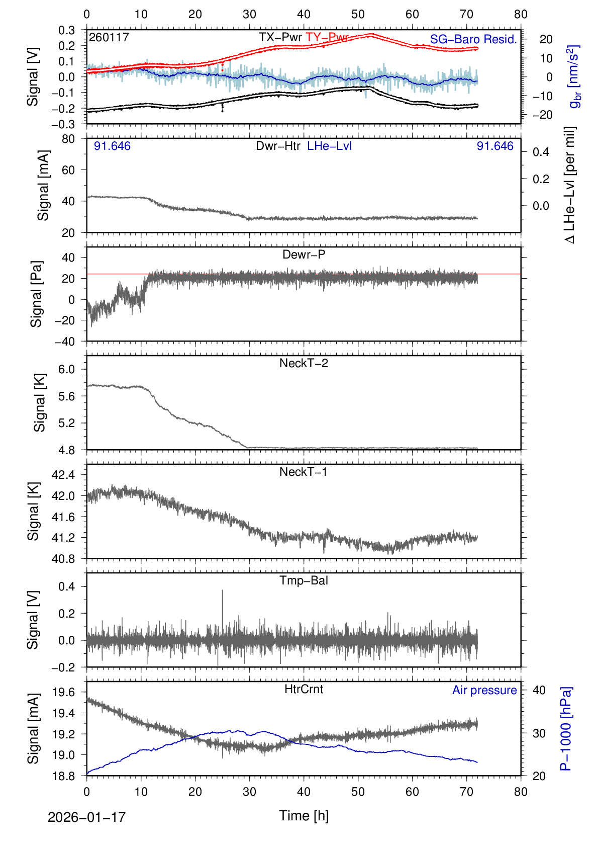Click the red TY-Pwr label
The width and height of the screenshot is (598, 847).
pyautogui.click(x=327, y=37)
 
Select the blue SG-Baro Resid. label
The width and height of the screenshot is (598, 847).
pyautogui.click(x=473, y=40)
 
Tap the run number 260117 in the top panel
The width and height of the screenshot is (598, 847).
pyautogui.click(x=109, y=37)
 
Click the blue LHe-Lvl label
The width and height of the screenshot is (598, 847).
pyautogui.click(x=329, y=146)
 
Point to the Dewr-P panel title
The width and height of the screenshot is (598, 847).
pyautogui.click(x=304, y=255)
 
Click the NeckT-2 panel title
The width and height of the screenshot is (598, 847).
pyautogui.click(x=304, y=363)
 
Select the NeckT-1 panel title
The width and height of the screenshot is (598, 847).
pyautogui.click(x=304, y=472)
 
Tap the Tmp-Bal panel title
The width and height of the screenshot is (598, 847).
pyautogui.click(x=304, y=580)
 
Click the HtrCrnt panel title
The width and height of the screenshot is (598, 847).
pyautogui.click(x=304, y=689)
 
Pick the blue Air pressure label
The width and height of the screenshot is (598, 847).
pyautogui.click(x=484, y=690)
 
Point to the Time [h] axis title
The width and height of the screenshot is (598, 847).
pyautogui.click(x=304, y=815)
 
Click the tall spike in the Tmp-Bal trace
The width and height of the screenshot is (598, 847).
pyautogui.click(x=222, y=594)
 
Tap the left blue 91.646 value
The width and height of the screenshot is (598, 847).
pyautogui.click(x=112, y=146)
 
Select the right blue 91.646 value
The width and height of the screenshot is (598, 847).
pyautogui.click(x=495, y=146)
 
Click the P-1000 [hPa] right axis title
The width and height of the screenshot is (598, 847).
pyautogui.click(x=566, y=728)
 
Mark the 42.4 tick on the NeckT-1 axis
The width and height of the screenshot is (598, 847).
pyautogui.click(x=63, y=475)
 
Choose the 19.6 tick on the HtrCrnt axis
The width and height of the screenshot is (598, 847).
pyautogui.click(x=63, y=693)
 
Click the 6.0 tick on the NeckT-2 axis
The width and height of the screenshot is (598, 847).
pyautogui.click(x=66, y=369)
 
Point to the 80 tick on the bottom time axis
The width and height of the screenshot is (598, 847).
pyautogui.click(x=521, y=792)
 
